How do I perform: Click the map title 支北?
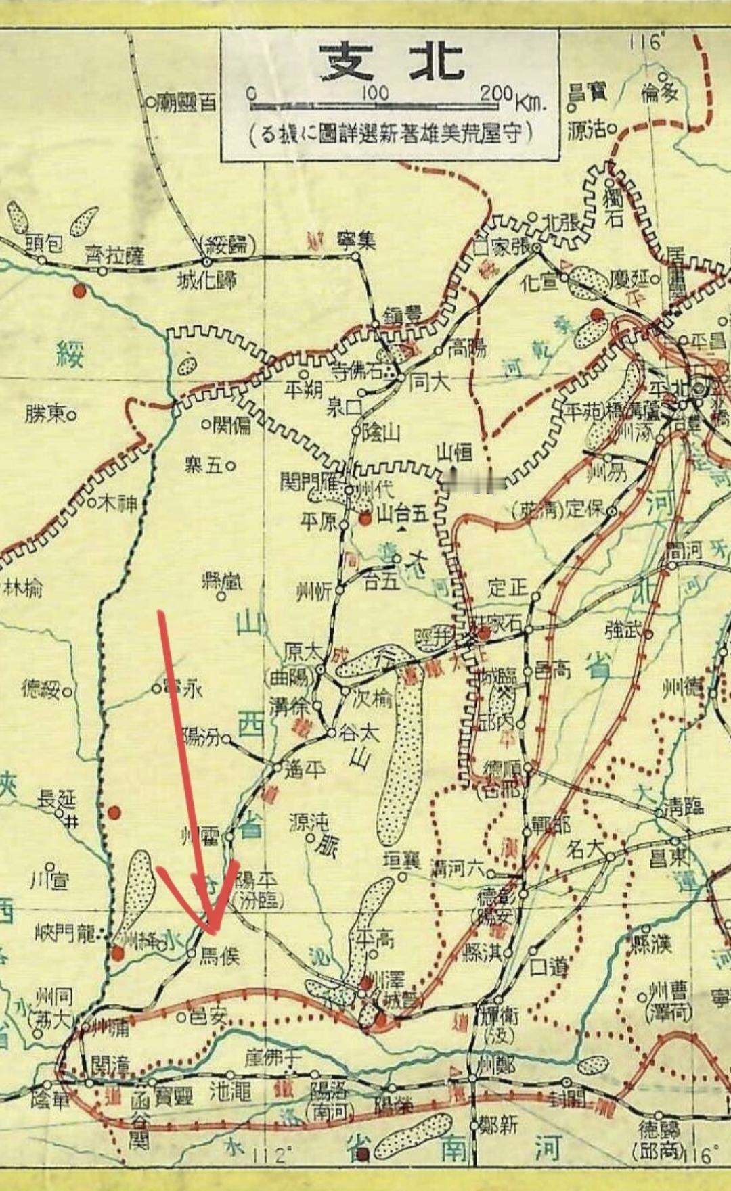click(x=391, y=63)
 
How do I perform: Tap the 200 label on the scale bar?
click(x=496, y=93)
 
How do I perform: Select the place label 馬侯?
click(x=220, y=956)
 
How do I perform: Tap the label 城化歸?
click(x=206, y=279)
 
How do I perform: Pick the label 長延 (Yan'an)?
click(x=57, y=799)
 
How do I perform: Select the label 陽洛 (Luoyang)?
click(x=328, y=1091)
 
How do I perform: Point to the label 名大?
click(x=585, y=849)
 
